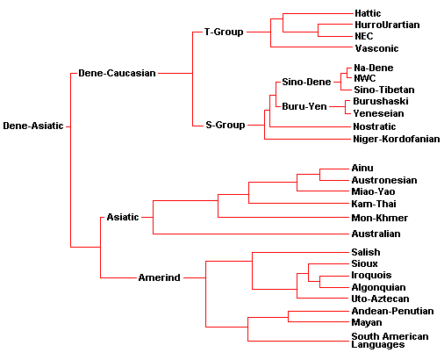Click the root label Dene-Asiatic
pyautogui.click(x=33, y=126)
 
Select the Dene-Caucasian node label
pyautogui.click(x=117, y=73)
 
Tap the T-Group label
pyautogui.click(x=224, y=32)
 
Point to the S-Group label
pyautogui.click(x=226, y=125)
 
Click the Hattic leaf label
pyautogui.click(x=368, y=13)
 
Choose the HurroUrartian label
pyautogui.click(x=387, y=25)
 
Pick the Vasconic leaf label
pyautogui.click(x=376, y=48)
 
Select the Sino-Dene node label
pyautogui.click(x=306, y=82)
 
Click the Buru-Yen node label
pyautogui.click(x=304, y=106)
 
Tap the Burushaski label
pyautogui.click(x=381, y=101)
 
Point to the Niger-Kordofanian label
pyautogui.click(x=397, y=139)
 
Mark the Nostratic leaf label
pyautogui.click(x=375, y=126)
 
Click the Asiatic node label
pyautogui.click(x=123, y=217)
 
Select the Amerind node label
pyautogui.click(x=159, y=277)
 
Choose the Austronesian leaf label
pyautogui.click(x=384, y=180)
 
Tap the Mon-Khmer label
pyautogui.click(x=380, y=218)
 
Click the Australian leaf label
pyautogui.click(x=376, y=234)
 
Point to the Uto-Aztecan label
pyautogui.click(x=380, y=299)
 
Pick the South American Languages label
pyautogui.click(x=390, y=341)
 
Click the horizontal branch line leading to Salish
pyautogui.click(x=301, y=253)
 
